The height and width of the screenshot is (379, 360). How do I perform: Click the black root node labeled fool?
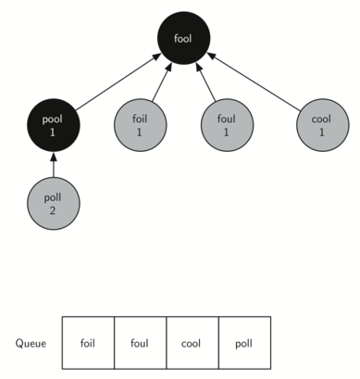pyautogui.click(x=182, y=39)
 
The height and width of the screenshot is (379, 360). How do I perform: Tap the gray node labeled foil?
pyautogui.click(x=141, y=126)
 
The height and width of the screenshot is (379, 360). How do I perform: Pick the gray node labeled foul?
pyautogui.click(x=227, y=126)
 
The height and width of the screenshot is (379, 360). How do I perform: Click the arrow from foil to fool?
pyautogui.click(x=157, y=83)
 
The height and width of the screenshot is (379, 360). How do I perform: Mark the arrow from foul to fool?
pyautogui.click(x=205, y=83)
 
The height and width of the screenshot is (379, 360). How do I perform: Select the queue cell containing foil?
pyautogui.click(x=88, y=342)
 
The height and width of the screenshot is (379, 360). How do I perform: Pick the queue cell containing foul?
pyautogui.click(x=141, y=342)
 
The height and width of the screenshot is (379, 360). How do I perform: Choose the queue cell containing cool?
pyautogui.click(x=192, y=342)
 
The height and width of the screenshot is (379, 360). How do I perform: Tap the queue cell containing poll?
pyautogui.click(x=244, y=342)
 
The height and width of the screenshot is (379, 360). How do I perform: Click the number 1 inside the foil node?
pyautogui.click(x=141, y=133)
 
